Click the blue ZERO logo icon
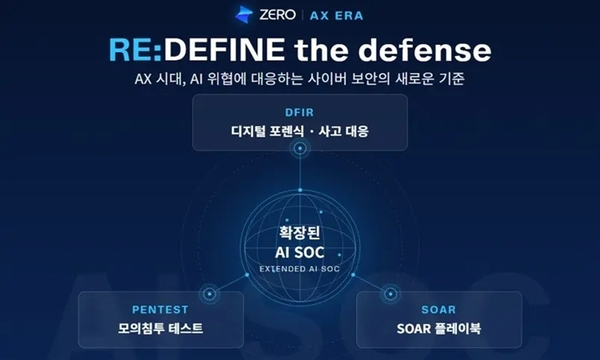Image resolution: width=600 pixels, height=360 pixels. click(x=244, y=14)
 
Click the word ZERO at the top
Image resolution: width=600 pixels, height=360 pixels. click(x=278, y=15)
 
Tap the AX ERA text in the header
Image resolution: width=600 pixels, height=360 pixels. click(x=336, y=16)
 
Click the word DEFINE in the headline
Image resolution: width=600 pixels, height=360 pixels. click(x=224, y=50)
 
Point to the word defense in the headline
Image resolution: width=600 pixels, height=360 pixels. click(x=425, y=50)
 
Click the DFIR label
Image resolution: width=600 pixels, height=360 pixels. click(x=300, y=113)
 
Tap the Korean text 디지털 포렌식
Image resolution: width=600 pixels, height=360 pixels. click(x=267, y=131)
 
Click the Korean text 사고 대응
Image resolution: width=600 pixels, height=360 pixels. click(x=343, y=131)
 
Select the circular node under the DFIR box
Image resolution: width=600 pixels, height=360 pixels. click(x=300, y=148)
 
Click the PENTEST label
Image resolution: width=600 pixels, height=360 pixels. click(x=160, y=310)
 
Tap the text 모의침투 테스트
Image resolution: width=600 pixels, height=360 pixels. click(x=160, y=328)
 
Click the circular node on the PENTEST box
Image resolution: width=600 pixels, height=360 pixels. click(x=210, y=294)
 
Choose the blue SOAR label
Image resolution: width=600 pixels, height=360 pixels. click(x=438, y=310)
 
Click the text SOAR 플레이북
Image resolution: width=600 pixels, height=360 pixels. click(x=438, y=328)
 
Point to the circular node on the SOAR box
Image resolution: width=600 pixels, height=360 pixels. click(x=390, y=294)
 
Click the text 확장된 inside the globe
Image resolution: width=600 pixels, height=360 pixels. click(x=300, y=233)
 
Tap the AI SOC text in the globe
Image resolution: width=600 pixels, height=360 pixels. click(x=300, y=253)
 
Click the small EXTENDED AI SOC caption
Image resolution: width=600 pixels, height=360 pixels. click(x=300, y=269)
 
